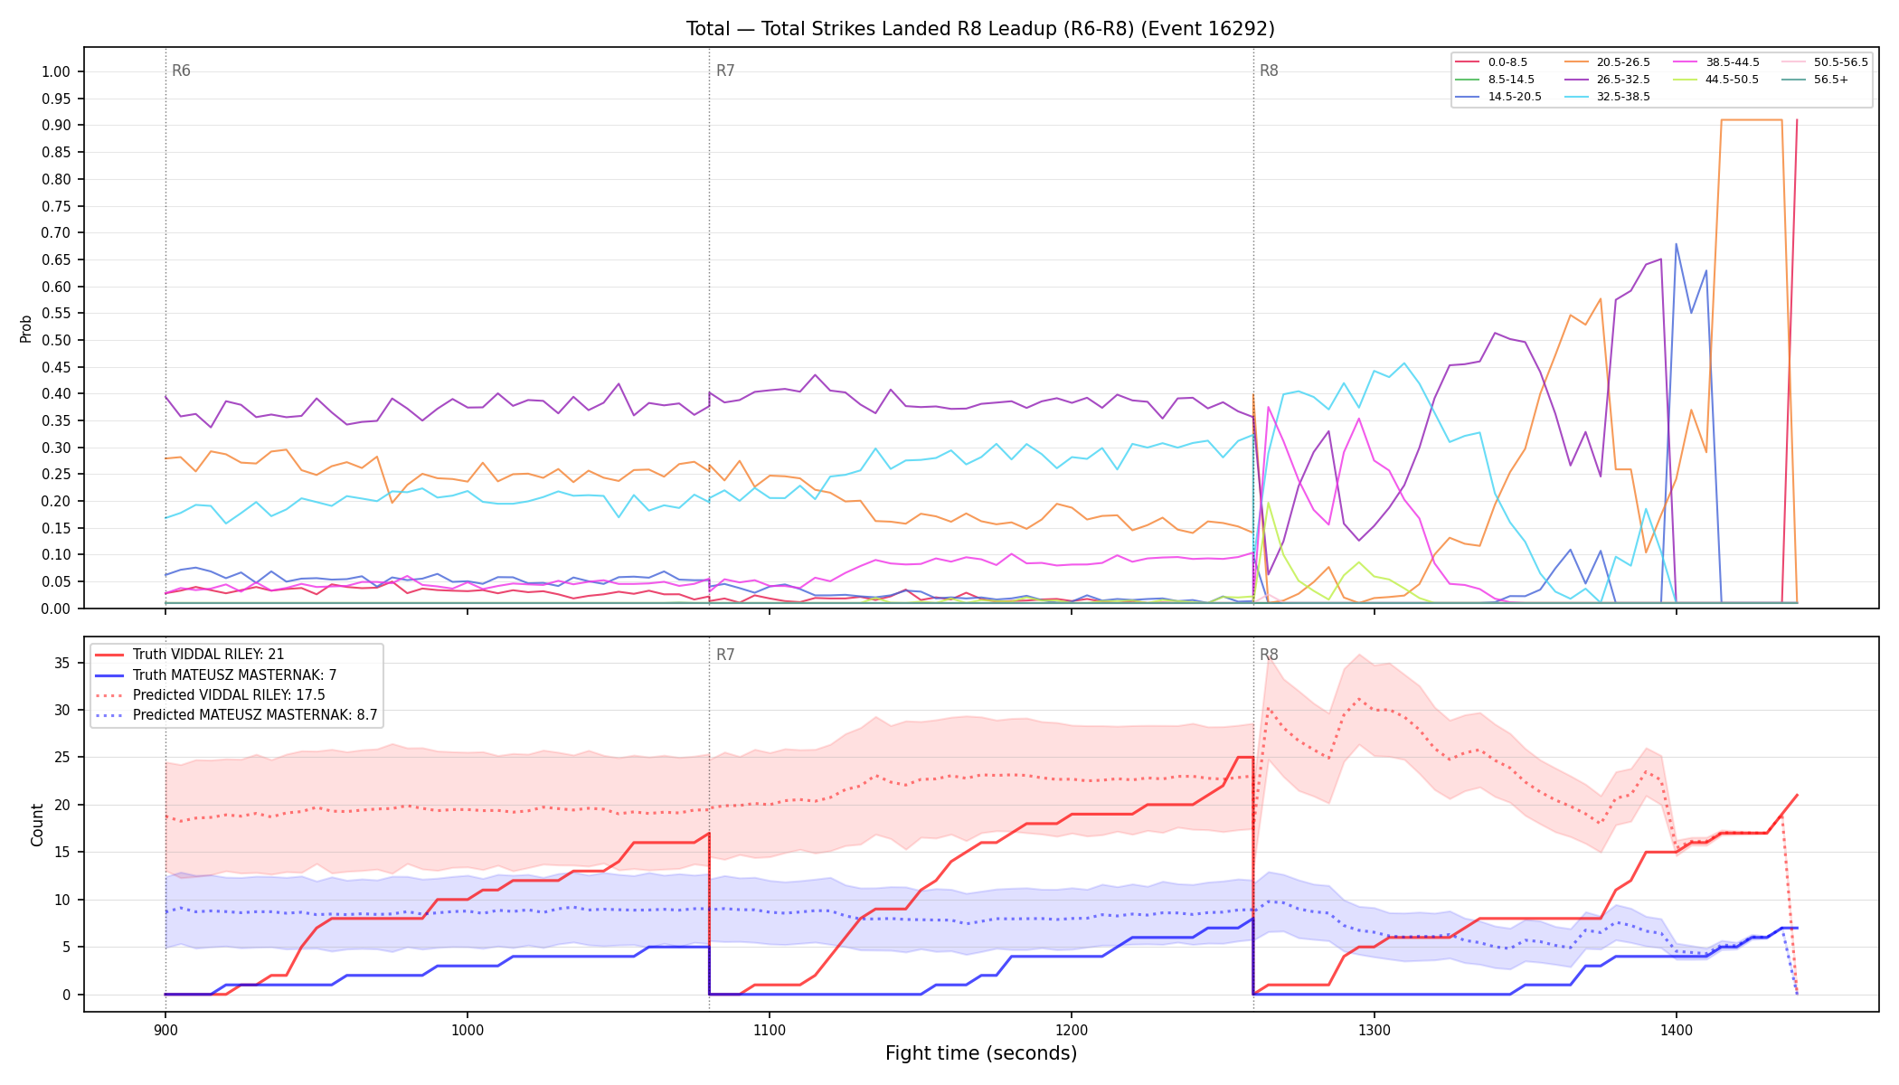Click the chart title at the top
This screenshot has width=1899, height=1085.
point(980,29)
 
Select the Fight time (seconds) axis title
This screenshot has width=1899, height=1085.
point(981,1053)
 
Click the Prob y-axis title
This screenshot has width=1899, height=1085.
point(26,328)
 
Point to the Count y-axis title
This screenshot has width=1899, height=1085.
point(37,825)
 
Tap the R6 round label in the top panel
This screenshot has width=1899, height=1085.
point(181,71)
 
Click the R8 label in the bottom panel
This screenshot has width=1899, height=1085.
point(1269,655)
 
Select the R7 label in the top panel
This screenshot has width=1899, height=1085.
point(725,71)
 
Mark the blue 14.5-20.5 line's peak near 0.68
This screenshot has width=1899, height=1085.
point(1676,244)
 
